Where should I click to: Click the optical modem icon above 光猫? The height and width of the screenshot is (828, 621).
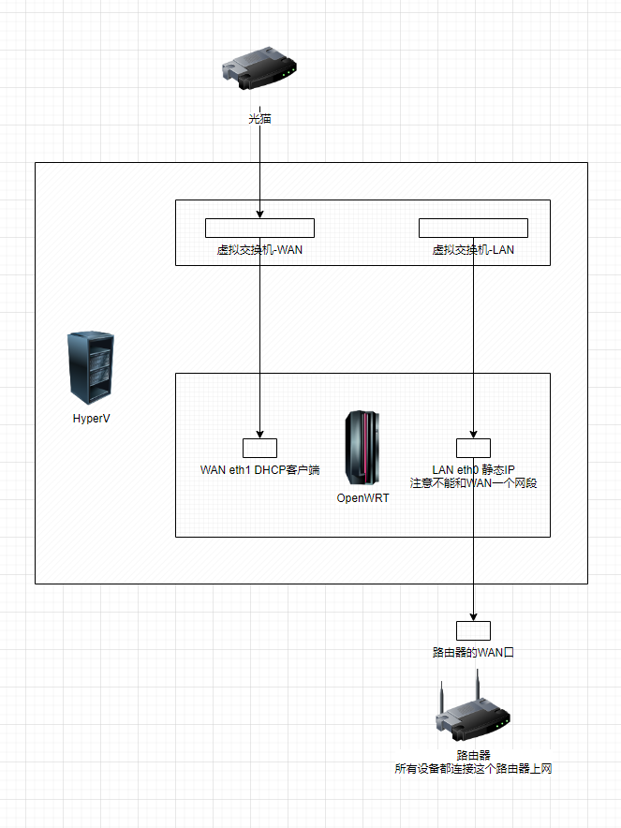pos(259,68)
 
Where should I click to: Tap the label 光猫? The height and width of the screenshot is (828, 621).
pos(259,119)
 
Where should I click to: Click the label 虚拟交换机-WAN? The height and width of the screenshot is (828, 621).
pos(259,250)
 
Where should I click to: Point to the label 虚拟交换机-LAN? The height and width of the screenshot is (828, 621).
pos(473,250)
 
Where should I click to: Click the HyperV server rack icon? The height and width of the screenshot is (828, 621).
pos(92,367)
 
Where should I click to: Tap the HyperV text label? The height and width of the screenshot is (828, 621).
pos(92,418)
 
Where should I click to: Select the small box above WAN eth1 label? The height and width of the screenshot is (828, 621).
pos(259,448)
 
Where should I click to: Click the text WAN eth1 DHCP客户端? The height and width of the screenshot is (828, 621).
pos(259,469)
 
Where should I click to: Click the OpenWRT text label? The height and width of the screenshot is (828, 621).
pos(362,498)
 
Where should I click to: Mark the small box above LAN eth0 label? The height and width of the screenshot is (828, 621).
pos(473,448)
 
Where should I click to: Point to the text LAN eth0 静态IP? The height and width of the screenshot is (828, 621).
pos(473,469)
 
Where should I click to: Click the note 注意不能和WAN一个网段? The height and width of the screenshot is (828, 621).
pos(473,483)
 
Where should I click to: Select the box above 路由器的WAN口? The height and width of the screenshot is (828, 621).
pos(473,630)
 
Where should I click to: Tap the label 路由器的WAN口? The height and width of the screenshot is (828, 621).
pos(473,652)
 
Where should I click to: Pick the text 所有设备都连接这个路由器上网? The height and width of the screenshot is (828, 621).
pos(473,768)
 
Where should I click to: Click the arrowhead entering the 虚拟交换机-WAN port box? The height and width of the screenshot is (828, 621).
pos(259,214)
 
